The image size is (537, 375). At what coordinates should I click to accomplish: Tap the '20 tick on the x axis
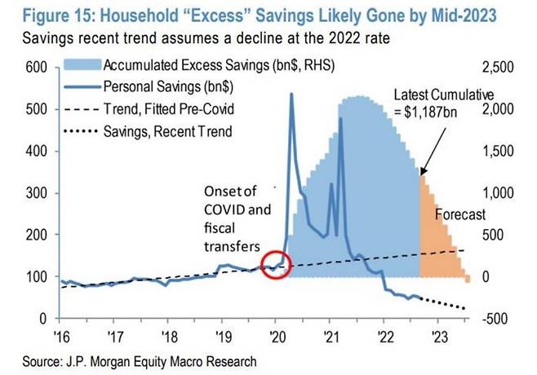tap(276, 335)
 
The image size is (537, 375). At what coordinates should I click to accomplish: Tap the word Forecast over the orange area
tap(459, 214)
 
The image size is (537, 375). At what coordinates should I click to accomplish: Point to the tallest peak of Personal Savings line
tap(291, 95)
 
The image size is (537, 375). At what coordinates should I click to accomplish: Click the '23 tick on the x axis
tap(438, 335)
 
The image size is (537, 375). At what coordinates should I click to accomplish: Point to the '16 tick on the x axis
tap(62, 335)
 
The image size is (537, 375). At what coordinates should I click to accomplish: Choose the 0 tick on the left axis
tap(38, 318)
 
